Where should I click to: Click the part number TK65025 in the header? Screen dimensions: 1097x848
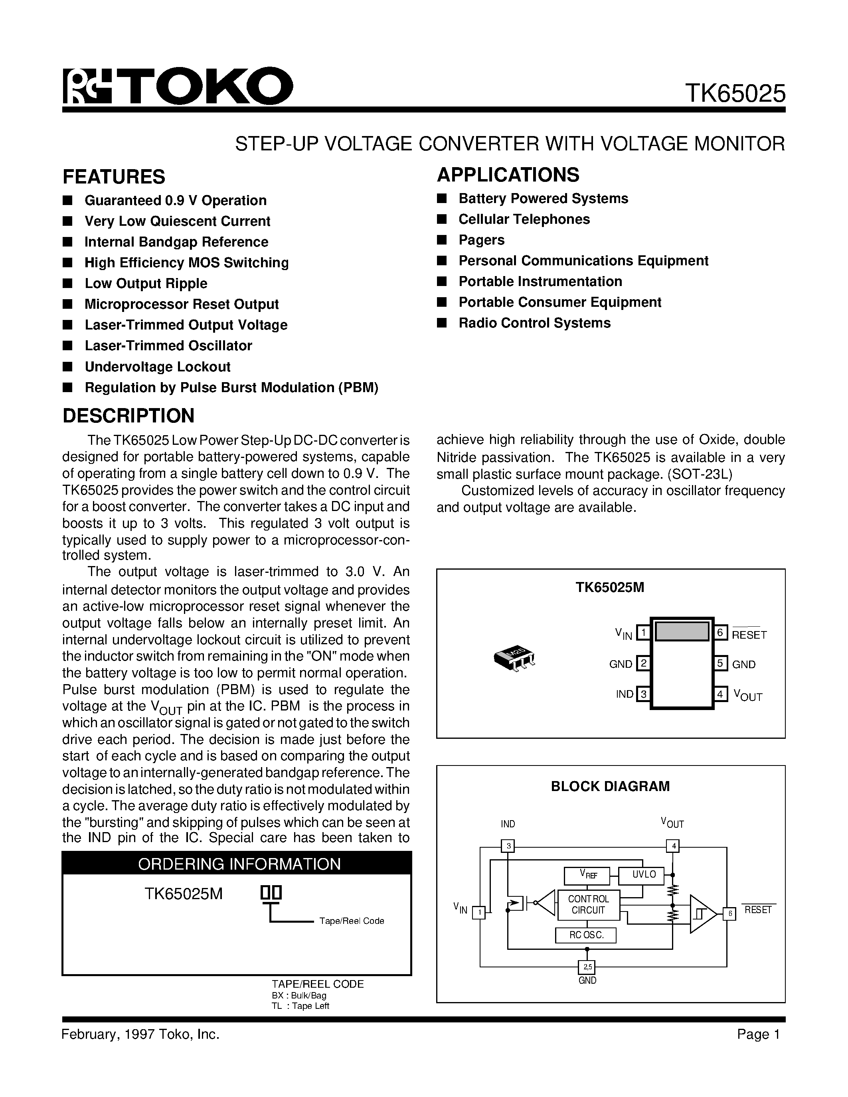(x=735, y=93)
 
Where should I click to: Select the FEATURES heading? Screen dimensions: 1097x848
(x=114, y=177)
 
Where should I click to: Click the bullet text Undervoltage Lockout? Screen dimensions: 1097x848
(x=157, y=367)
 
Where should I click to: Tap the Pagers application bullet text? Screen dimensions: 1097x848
(x=481, y=240)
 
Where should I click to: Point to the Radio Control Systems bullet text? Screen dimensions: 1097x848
(x=534, y=323)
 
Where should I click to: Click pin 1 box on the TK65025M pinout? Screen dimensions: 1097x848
(x=643, y=632)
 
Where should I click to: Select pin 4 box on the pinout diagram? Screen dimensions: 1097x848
(x=720, y=694)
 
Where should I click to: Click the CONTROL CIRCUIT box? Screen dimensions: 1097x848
(x=588, y=905)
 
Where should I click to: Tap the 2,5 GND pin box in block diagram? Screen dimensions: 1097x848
(x=586, y=967)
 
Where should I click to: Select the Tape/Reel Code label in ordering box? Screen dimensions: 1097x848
(x=351, y=921)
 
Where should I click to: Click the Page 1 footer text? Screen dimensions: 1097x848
(x=758, y=1034)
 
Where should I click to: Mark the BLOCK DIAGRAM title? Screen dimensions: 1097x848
(x=610, y=786)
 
